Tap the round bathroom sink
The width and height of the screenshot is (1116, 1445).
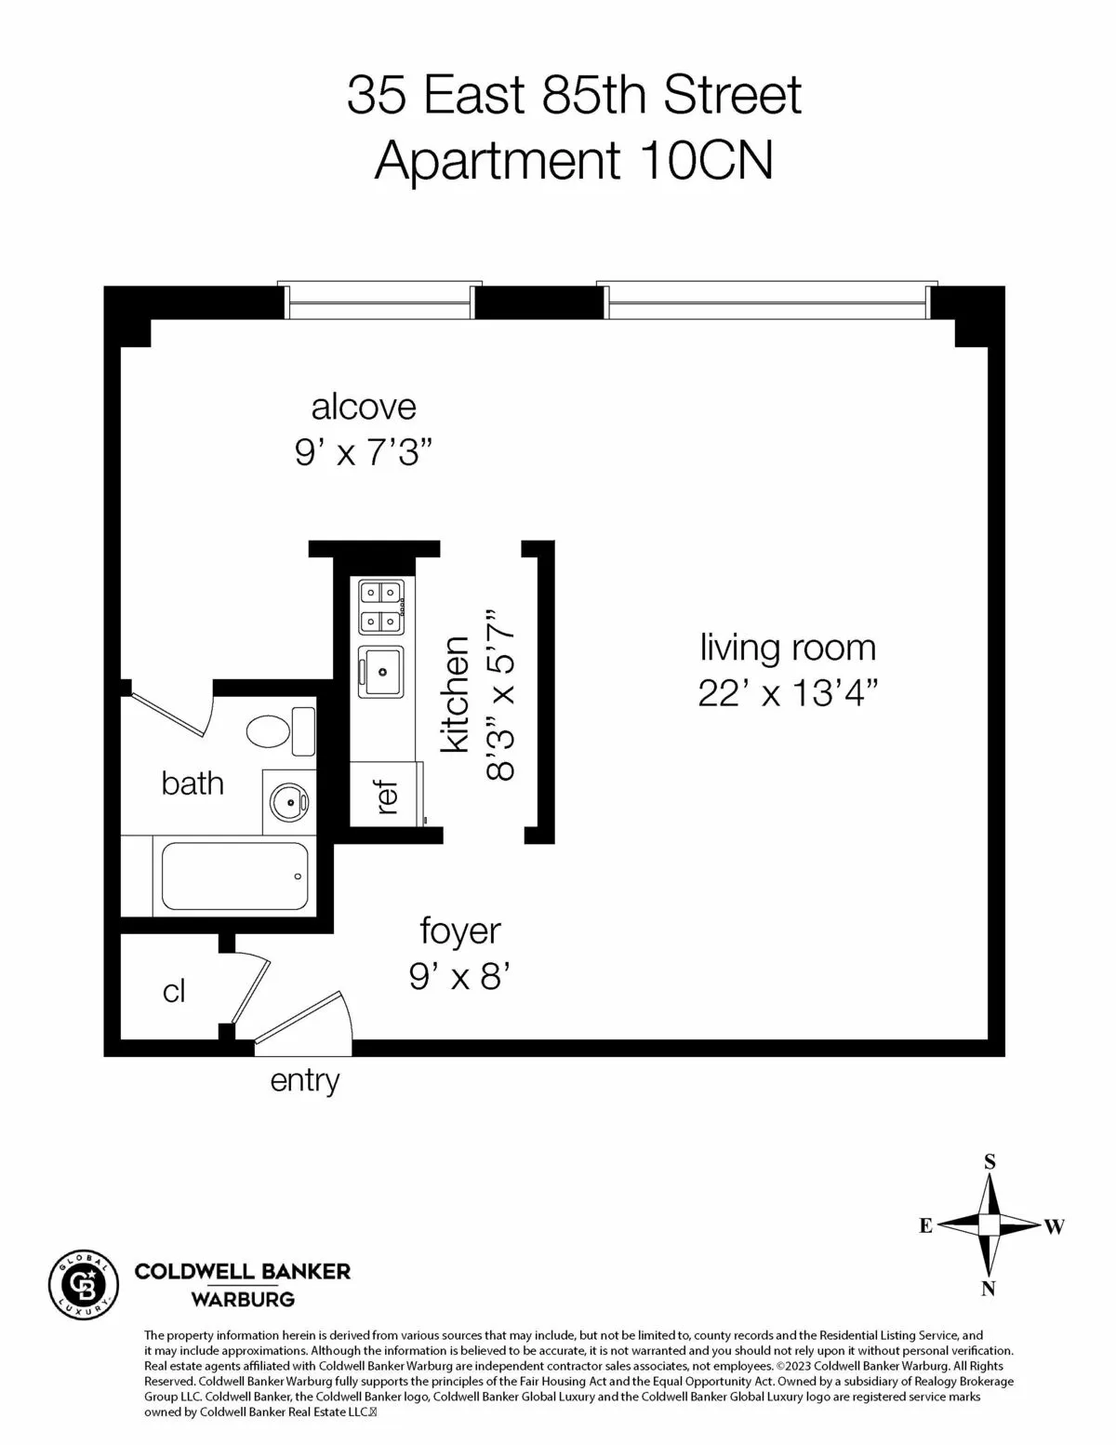coord(288,800)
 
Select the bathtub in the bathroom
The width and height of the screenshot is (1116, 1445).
coord(234,876)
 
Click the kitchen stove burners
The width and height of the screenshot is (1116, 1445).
coord(381,606)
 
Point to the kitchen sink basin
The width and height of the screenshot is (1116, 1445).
coord(381,671)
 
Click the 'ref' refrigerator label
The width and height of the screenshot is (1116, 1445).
coord(388,796)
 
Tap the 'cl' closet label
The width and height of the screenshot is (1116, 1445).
coord(174,992)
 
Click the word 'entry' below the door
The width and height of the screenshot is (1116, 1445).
coord(304,1080)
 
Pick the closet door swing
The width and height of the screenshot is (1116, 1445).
coord(249,991)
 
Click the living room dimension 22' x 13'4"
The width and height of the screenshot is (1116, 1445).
coord(788,693)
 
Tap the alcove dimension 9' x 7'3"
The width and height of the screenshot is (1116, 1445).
coord(365,453)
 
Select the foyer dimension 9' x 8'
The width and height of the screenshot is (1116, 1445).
coord(460,977)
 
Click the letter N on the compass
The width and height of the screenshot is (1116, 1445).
coord(989,1289)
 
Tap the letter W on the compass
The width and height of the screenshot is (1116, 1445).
coord(1054,1226)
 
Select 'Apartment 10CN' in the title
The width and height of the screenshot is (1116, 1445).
coord(574,160)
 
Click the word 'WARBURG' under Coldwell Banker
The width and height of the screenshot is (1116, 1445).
coord(243,1299)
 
